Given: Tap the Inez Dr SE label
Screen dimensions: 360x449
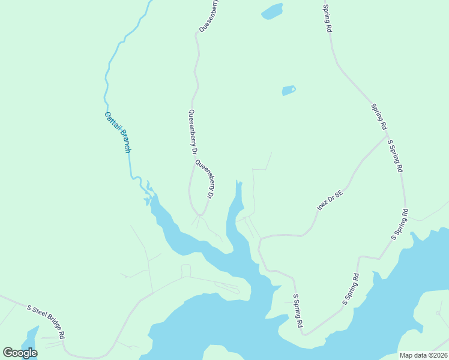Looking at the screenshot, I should pyautogui.click(x=330, y=200).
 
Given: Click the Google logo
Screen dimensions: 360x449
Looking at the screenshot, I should pyautogui.click(x=20, y=352).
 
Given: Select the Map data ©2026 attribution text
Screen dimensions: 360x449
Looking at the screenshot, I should pyautogui.click(x=423, y=355).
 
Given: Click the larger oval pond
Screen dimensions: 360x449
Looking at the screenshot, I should pyautogui.click(x=272, y=11).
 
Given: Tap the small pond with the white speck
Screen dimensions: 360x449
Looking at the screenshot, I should pyautogui.click(x=289, y=91).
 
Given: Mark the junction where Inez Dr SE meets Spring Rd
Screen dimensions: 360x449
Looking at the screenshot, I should pyautogui.click(x=386, y=136).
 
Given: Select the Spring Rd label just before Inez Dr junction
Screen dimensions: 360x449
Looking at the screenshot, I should pyautogui.click(x=378, y=117).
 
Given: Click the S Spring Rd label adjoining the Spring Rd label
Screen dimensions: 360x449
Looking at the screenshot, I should pyautogui.click(x=394, y=157).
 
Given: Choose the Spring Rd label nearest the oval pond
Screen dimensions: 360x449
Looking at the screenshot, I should pyautogui.click(x=328, y=19).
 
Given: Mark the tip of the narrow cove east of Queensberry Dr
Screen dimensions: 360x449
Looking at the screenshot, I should pyautogui.click(x=238, y=181).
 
